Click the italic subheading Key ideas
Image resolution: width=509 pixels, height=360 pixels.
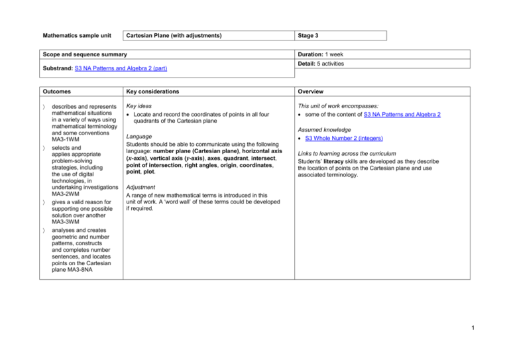[x=140, y=105]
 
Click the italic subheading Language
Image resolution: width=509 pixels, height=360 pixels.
[x=141, y=138]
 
